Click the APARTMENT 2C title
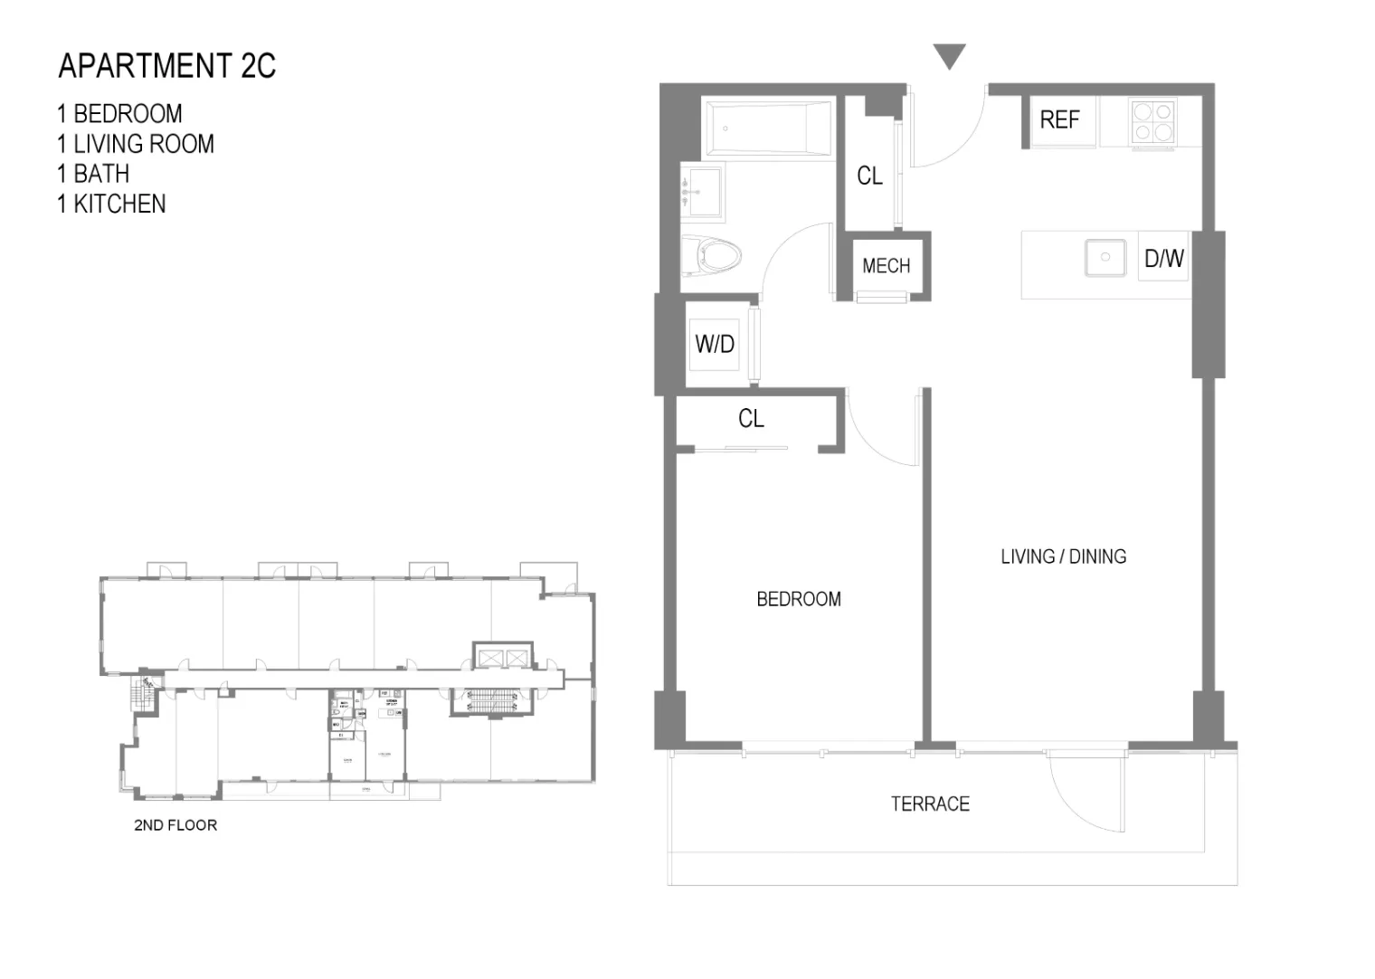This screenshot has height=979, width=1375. [166, 66]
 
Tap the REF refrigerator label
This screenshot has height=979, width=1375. [1058, 119]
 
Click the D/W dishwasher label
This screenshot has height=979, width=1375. [1163, 259]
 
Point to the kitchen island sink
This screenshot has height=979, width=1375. [1105, 258]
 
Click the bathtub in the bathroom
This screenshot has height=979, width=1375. [767, 128]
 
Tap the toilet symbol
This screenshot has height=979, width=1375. [712, 255]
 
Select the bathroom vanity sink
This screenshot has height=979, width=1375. [702, 192]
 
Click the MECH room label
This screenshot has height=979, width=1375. [886, 266]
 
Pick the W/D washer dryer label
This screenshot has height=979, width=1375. [715, 344]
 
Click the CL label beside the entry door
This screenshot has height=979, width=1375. [869, 176]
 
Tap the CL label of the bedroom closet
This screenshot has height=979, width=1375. [751, 418]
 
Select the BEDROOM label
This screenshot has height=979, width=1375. [799, 599]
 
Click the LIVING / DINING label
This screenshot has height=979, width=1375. [1063, 556]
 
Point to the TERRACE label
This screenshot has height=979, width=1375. [930, 803]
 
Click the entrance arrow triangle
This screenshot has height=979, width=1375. [950, 56]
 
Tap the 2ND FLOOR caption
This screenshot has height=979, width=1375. [175, 825]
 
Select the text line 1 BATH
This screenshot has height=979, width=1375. [92, 174]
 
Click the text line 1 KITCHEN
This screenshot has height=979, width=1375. [111, 204]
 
